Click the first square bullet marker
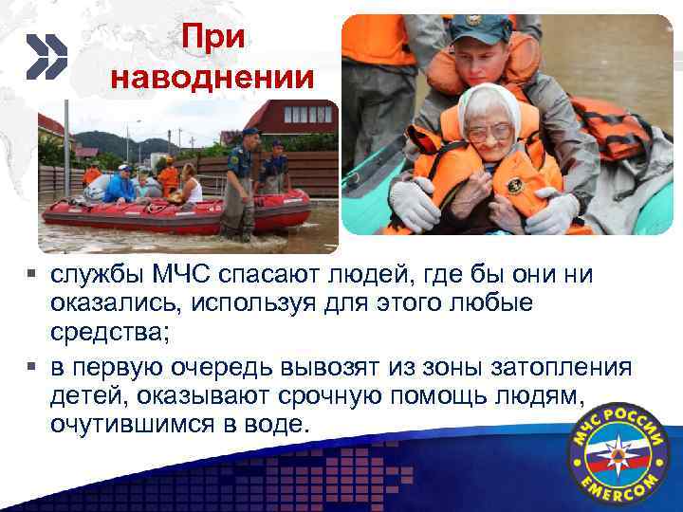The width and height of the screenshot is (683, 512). pos(31,277)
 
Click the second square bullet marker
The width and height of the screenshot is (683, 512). pos(31,365)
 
